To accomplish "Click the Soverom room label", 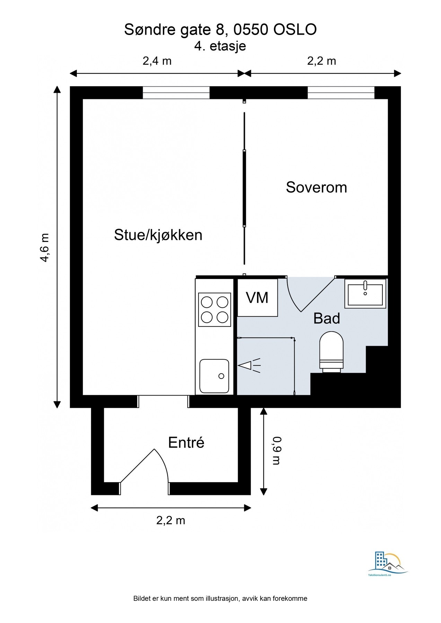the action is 316,187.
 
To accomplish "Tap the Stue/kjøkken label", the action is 158,235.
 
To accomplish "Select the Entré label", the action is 186,442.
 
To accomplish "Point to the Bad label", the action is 327,318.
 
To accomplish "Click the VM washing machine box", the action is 257,298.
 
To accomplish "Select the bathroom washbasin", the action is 365,294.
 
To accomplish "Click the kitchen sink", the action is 214,376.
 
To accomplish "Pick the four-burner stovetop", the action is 214,310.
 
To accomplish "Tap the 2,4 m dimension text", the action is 157,61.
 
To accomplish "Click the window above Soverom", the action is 341,93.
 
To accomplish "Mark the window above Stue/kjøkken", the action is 176,93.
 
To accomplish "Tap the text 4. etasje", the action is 220,46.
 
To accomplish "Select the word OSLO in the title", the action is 295,30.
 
